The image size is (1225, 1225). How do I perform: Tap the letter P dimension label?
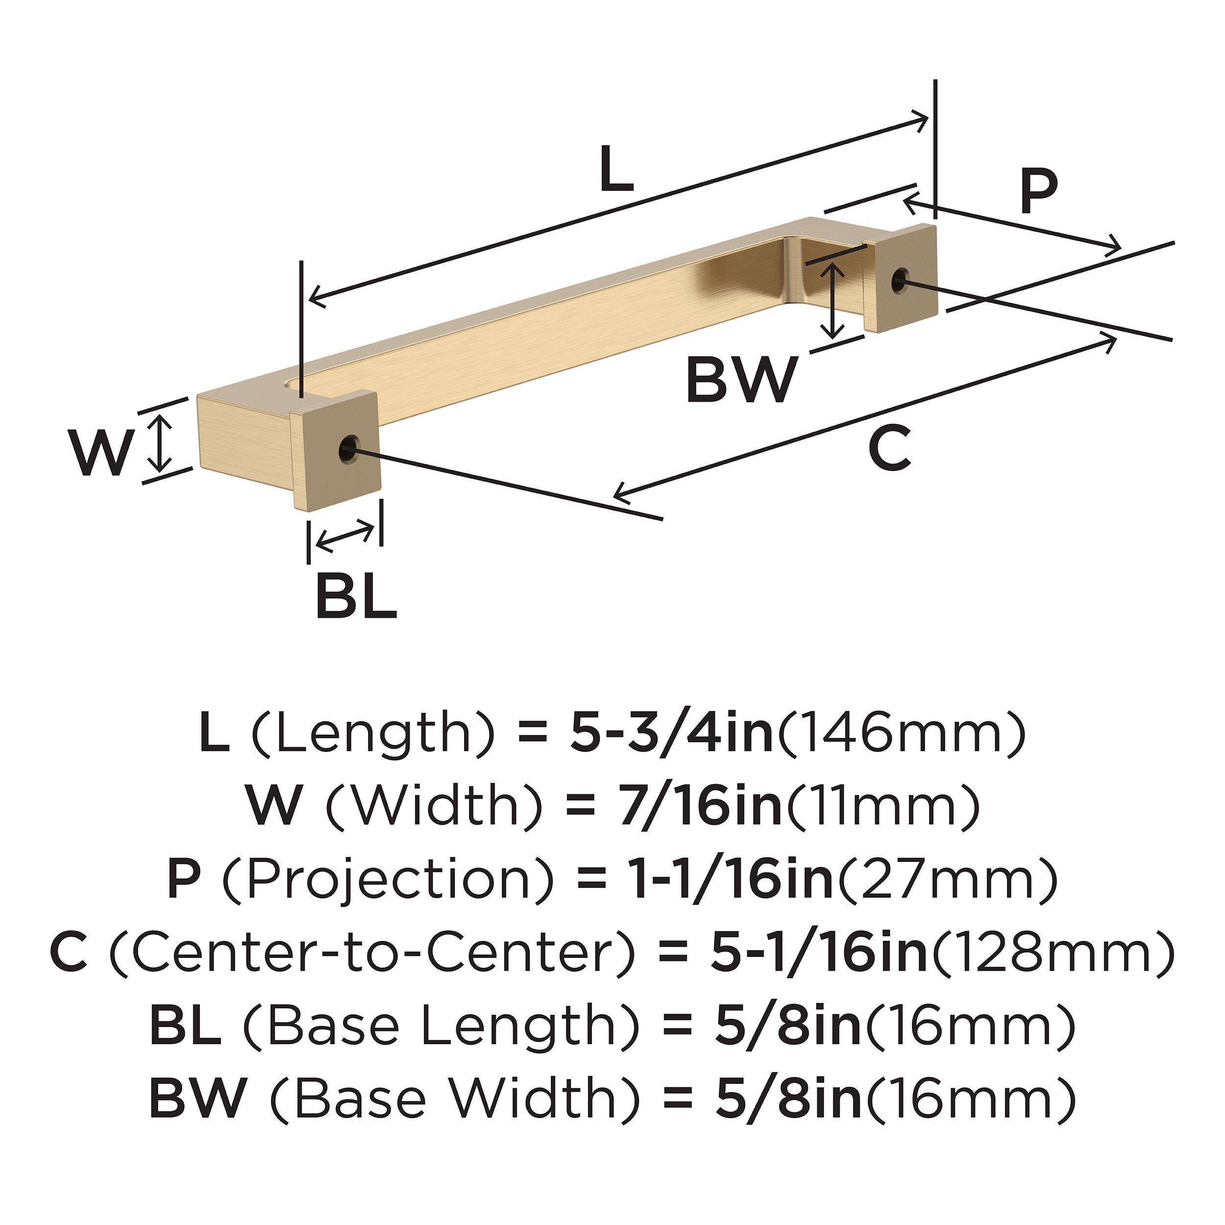point(1039,192)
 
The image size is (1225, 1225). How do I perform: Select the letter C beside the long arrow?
point(889,448)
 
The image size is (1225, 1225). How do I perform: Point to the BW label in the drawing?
point(740,380)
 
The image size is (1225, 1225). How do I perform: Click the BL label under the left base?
point(356,597)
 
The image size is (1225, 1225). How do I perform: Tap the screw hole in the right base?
point(899,280)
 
